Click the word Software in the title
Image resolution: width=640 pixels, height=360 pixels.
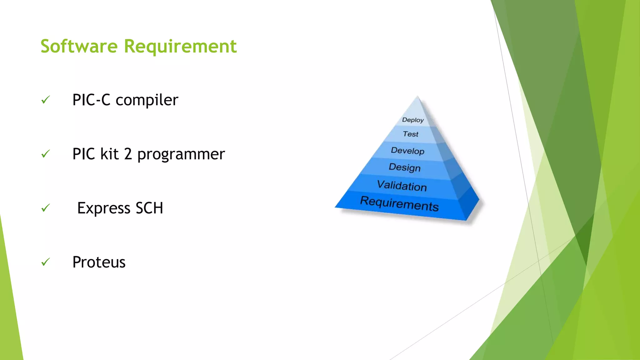[79, 46]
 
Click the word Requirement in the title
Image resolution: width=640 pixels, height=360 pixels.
[180, 47]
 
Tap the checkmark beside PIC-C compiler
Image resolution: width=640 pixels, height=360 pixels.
[46, 100]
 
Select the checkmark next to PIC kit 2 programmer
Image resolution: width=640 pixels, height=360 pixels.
[46, 154]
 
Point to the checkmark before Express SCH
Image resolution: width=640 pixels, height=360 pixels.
[46, 208]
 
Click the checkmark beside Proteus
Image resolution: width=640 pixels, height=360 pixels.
[46, 262]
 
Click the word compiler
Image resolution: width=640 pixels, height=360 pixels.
[147, 101]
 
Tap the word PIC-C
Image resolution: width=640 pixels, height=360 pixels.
[91, 100]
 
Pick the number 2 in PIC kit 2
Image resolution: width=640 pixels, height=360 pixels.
[128, 154]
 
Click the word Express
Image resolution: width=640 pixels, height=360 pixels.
[104, 208]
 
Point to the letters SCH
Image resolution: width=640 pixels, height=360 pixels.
[149, 208]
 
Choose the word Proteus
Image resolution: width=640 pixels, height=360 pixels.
[99, 262]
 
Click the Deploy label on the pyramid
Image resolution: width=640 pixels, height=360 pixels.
[413, 120]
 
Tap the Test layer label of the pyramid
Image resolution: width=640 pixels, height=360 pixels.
[410, 134]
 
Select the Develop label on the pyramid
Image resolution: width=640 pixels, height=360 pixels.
[407, 151]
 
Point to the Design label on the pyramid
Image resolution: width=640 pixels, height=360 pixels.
[405, 167]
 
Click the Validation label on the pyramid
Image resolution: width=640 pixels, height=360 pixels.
[402, 186]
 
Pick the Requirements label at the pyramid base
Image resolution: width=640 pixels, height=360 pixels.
[399, 204]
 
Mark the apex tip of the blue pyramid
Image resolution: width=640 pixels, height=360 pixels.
[418, 97]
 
